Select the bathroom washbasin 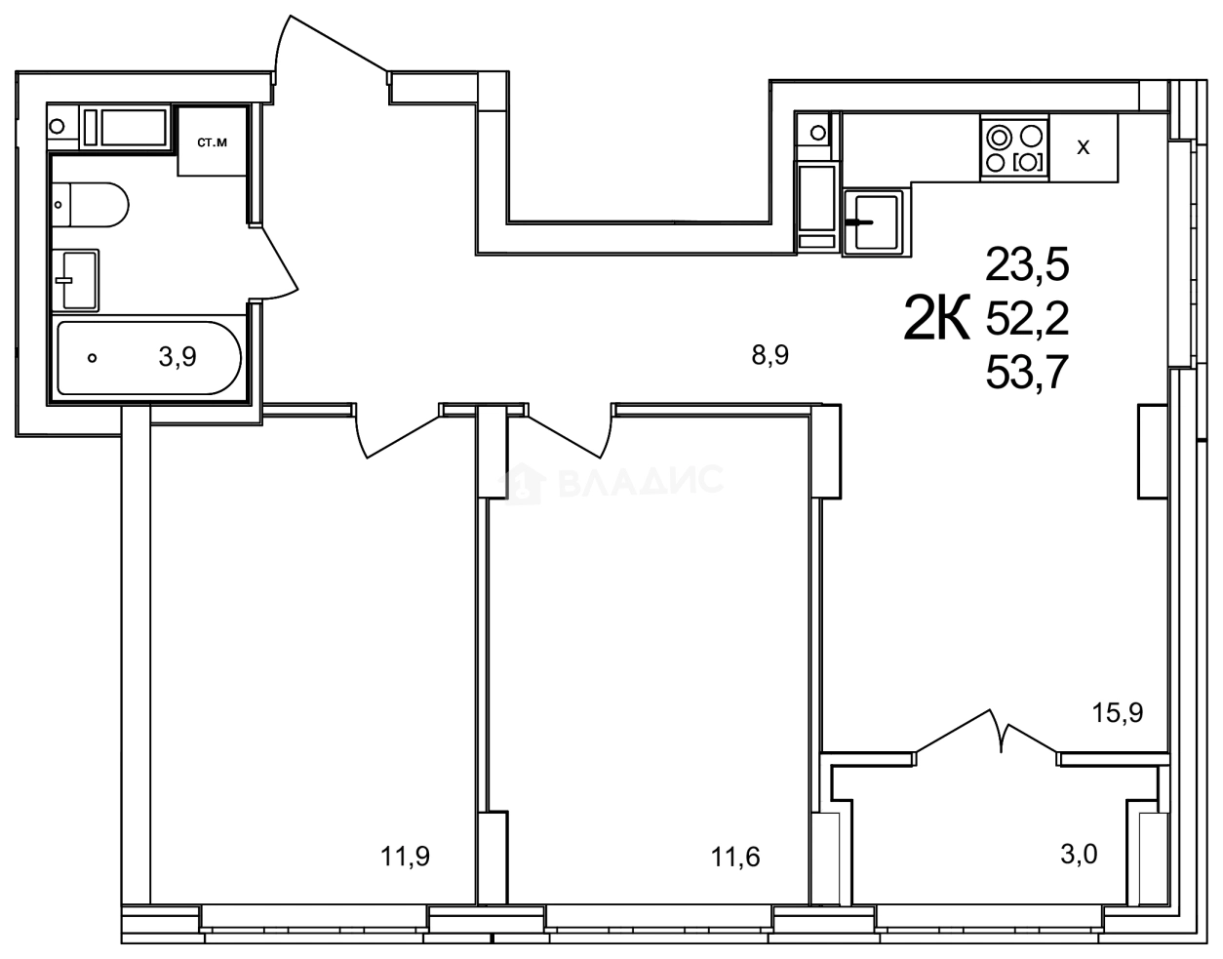[x=76, y=280]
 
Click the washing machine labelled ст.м [x=212, y=142]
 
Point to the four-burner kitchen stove [x=1015, y=148]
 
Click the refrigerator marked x [x=1083, y=148]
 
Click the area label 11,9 [x=406, y=857]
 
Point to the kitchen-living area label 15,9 [x=1117, y=712]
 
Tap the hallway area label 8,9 [x=769, y=355]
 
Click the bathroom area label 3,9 [x=178, y=357]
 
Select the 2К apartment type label [x=938, y=317]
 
